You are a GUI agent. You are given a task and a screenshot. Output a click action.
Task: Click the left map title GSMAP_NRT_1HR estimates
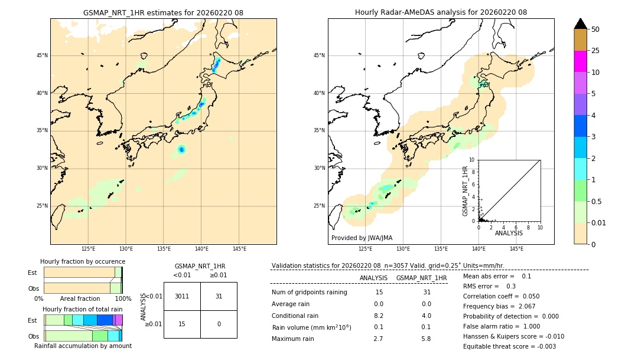(x=163, y=12)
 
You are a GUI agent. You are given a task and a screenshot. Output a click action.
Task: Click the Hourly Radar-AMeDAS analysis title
(x=441, y=12)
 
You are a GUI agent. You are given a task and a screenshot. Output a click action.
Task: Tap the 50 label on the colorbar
(x=595, y=29)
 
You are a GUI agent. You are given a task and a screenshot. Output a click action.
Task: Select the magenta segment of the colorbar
(x=581, y=61)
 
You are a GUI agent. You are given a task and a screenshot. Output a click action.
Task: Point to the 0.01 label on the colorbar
(x=599, y=222)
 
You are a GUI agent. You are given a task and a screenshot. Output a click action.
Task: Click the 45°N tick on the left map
(x=42, y=55)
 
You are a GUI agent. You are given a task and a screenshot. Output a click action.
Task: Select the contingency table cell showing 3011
(x=182, y=296)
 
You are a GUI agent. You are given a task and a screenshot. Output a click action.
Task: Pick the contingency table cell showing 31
(x=219, y=296)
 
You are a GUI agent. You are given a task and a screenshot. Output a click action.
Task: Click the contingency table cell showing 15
(x=182, y=324)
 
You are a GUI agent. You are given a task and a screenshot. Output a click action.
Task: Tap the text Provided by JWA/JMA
(x=362, y=238)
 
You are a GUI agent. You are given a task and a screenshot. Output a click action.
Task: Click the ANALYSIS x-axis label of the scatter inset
(x=509, y=234)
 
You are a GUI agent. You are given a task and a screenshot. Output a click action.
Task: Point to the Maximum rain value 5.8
(x=426, y=339)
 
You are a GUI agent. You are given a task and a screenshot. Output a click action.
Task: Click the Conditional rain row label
(x=295, y=316)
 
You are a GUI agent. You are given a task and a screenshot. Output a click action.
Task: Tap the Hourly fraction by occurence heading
(x=83, y=261)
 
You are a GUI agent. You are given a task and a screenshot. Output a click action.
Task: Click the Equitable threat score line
(x=509, y=346)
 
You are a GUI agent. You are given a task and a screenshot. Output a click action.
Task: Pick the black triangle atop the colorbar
(x=581, y=24)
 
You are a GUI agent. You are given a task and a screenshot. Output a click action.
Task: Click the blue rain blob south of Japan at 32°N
(x=181, y=150)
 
